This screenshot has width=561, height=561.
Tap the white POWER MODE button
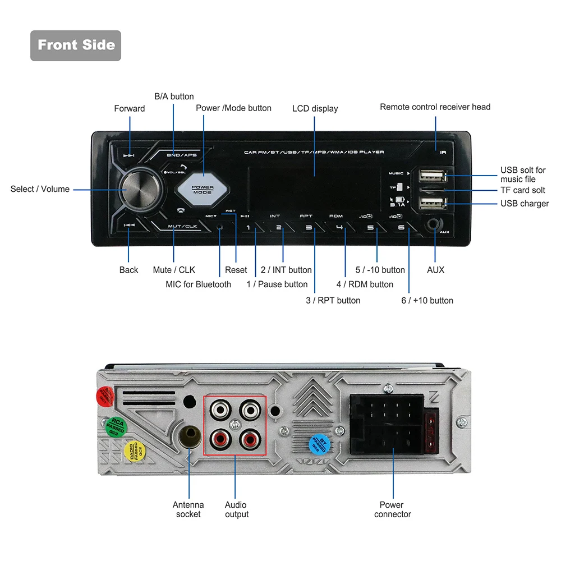coord(203,189)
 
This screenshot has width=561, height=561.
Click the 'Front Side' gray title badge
coord(76,45)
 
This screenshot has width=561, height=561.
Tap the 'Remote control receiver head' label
coord(435,107)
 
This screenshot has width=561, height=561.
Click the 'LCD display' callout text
coord(315,108)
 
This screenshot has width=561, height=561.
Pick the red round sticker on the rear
coord(104,396)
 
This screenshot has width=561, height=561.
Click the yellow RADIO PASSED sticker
coord(134,451)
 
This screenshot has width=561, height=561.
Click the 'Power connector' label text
coord(392,509)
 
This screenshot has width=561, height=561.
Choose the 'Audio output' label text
coord(236,509)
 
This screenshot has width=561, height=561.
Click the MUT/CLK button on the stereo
coord(183,226)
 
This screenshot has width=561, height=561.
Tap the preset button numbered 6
coord(401,228)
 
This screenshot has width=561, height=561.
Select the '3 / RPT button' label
coord(333,300)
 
